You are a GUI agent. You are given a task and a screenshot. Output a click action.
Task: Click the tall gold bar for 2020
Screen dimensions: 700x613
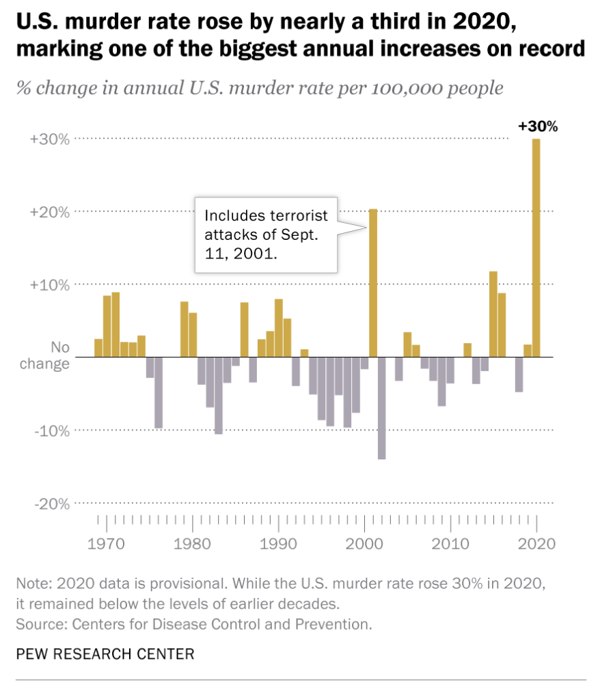tap(536, 247)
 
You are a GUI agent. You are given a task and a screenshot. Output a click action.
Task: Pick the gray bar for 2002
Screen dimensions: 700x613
tap(381, 407)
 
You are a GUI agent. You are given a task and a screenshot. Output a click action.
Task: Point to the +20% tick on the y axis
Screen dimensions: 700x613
tap(50, 212)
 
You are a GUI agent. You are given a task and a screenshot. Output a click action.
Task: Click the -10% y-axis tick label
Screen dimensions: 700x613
tap(51, 431)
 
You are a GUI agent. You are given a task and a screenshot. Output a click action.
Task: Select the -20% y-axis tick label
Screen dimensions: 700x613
tap(51, 504)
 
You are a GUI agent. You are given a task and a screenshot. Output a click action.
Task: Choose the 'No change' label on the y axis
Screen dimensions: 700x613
tap(45, 355)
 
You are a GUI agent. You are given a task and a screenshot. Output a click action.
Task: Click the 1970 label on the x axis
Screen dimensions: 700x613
tap(107, 545)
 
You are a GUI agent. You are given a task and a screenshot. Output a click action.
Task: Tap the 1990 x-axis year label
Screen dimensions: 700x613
tap(278, 545)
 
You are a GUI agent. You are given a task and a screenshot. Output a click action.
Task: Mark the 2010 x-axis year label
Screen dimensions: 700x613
tap(450, 545)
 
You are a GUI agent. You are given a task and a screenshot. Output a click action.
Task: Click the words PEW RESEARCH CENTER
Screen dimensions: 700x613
tap(105, 654)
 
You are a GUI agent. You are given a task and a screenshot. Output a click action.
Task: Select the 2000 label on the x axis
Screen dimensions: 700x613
tap(364, 545)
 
